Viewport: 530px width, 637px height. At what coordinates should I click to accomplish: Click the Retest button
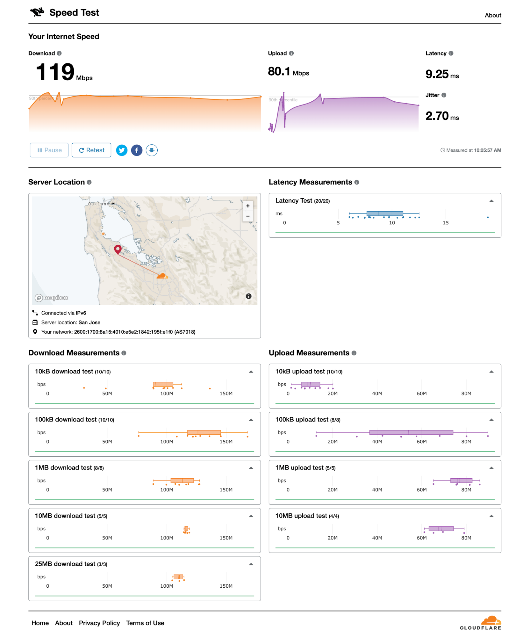point(91,150)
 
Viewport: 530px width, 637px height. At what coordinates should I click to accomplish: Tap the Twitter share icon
point(122,150)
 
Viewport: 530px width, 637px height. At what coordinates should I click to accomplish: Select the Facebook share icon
point(137,150)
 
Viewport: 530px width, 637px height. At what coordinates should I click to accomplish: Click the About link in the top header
point(493,15)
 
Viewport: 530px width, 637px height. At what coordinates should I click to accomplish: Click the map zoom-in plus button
point(248,206)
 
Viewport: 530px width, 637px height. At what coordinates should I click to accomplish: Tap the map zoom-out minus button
point(248,216)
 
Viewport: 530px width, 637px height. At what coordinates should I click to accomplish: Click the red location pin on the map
point(118,249)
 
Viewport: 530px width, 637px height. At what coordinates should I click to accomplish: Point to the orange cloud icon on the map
point(162,276)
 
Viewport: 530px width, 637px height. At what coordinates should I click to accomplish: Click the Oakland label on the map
point(98,204)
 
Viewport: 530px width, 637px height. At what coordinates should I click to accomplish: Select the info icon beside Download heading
point(59,53)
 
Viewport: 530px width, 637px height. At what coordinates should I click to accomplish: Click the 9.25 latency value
point(437,74)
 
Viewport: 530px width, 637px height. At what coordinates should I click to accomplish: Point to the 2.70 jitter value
point(437,116)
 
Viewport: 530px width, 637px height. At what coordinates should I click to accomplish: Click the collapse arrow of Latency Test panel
point(491,201)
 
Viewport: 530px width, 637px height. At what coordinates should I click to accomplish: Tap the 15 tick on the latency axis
point(446,223)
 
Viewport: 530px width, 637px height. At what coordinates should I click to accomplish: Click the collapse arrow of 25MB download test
point(251,564)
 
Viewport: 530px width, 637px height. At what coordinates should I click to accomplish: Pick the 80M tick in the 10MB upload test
point(466,538)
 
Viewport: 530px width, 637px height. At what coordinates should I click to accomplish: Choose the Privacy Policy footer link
point(99,623)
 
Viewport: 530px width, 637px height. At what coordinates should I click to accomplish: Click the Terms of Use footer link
point(145,623)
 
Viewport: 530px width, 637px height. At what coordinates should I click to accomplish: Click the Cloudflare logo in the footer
point(481,623)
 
